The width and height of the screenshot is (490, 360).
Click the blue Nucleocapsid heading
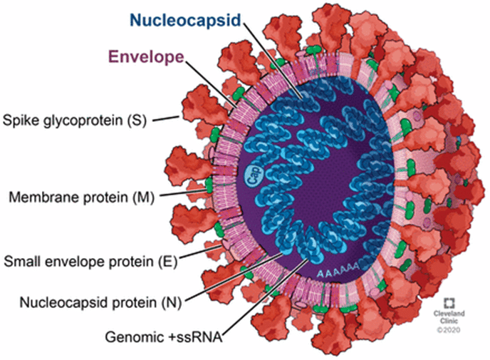tap(185, 20)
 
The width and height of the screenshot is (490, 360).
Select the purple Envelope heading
tap(146, 57)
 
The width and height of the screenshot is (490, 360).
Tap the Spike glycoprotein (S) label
tap(75, 120)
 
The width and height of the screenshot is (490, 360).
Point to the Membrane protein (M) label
tap(82, 197)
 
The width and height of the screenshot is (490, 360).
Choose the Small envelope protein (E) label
tap(90, 262)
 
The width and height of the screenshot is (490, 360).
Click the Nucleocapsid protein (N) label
tap(100, 302)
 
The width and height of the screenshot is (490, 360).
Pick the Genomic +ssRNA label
tap(164, 337)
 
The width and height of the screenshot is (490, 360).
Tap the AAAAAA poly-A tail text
tap(338, 271)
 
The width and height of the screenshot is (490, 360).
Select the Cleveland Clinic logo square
tap(449, 303)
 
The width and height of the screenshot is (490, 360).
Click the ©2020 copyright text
tap(449, 329)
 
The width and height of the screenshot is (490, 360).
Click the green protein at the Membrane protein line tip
tap(209, 186)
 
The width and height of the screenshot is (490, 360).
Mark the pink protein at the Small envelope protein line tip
tap(226, 244)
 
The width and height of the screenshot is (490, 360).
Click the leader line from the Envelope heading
tap(210, 83)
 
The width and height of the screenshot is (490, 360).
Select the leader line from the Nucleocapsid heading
tap(273, 58)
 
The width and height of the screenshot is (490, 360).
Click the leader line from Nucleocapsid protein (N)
tap(234, 277)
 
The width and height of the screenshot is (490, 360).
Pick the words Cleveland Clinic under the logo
tap(449, 317)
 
